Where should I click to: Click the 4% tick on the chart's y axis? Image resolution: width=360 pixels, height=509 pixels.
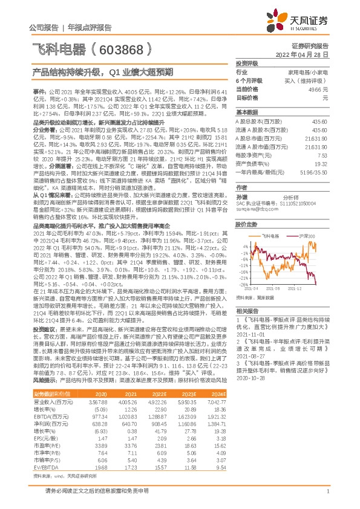pyautogui.click(x=244, y=246)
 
